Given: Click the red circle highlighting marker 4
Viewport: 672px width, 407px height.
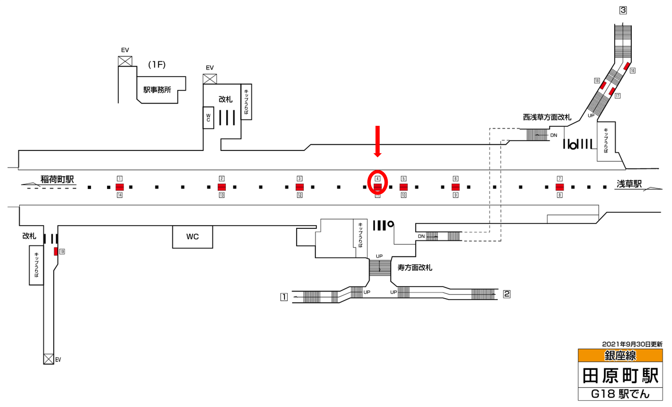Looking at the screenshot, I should click(x=377, y=182).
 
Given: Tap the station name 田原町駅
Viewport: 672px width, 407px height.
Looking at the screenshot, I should click(x=620, y=376).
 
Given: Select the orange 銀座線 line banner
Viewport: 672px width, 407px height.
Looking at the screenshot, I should click(x=620, y=356).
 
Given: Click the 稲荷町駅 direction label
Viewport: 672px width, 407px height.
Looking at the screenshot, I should click(x=57, y=179).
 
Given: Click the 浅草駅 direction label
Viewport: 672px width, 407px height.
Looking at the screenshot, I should click(x=629, y=184).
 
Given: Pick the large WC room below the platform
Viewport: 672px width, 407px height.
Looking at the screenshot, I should click(x=192, y=237).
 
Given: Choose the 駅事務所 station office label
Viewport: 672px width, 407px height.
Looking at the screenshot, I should click(x=157, y=90).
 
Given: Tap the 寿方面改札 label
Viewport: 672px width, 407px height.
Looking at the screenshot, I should click(x=415, y=268).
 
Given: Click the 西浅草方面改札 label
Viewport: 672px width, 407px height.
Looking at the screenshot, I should click(x=547, y=117).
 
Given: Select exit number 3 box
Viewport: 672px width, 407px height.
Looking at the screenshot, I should click(x=623, y=10).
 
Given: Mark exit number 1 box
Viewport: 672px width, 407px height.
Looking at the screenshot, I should click(x=284, y=297).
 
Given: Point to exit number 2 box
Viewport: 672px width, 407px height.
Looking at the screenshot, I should click(x=507, y=294).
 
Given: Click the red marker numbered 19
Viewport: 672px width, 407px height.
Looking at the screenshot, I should click(x=56, y=251).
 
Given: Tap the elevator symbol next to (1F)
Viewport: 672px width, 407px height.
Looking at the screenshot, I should click(x=125, y=61).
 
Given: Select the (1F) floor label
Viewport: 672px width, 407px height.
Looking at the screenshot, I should click(x=157, y=65).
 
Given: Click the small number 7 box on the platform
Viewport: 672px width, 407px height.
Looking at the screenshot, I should click(x=560, y=179).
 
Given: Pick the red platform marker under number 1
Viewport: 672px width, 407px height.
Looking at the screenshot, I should click(x=120, y=187).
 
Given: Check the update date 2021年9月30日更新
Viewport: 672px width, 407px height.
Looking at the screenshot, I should click(x=632, y=344).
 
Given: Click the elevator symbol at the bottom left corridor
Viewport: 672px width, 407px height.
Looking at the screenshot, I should click(x=48, y=359).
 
